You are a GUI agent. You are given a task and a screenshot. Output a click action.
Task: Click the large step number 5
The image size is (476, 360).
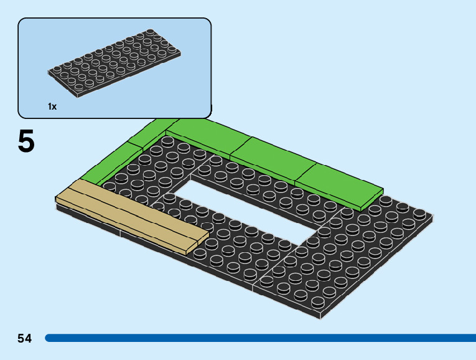(x=26, y=142)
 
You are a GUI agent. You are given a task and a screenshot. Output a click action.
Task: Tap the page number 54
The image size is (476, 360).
(x=24, y=338)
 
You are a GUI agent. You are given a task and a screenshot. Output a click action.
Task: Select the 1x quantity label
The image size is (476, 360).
(x=52, y=107)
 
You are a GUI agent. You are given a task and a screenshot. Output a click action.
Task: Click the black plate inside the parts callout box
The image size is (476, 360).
(x=117, y=63)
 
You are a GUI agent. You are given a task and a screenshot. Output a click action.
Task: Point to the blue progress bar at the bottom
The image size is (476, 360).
(x=261, y=338)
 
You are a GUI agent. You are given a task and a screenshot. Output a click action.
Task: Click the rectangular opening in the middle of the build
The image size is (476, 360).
(x=249, y=206)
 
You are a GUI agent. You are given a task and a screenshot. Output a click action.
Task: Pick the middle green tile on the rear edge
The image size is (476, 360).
(x=271, y=159)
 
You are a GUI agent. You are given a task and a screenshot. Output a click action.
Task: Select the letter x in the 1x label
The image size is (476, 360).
(x=54, y=107)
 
